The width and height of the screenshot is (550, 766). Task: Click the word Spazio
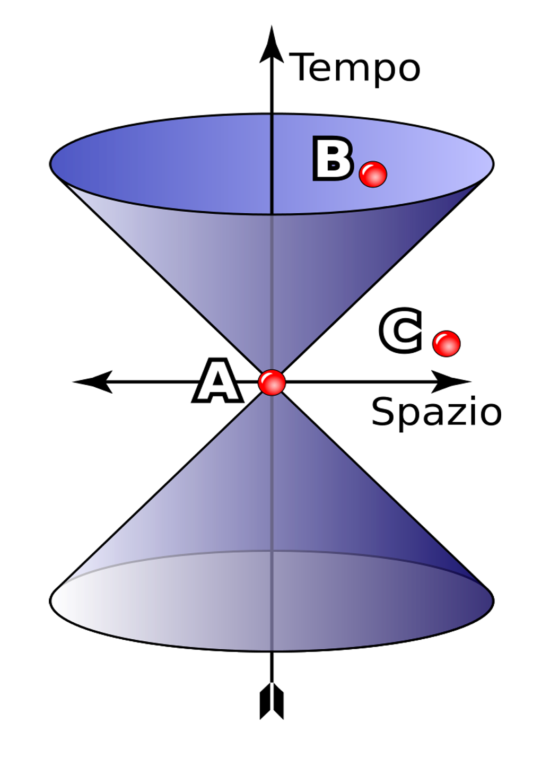(436, 412)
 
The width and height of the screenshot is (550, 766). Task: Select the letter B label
(333, 159)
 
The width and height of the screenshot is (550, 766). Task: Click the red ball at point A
(272, 382)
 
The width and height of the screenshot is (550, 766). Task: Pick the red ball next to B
(373, 174)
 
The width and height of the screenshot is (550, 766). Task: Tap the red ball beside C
(446, 343)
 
